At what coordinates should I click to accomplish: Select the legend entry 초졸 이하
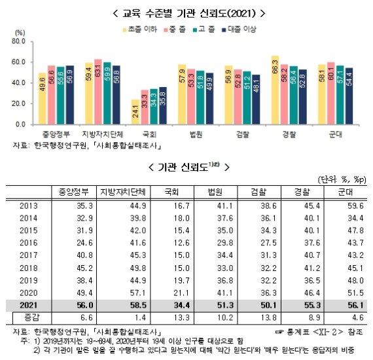[142, 29]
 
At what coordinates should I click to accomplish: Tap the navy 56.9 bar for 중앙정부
[70, 94]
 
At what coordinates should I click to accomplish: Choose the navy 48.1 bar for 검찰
[256, 99]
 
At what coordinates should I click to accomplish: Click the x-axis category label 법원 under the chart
[196, 134]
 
